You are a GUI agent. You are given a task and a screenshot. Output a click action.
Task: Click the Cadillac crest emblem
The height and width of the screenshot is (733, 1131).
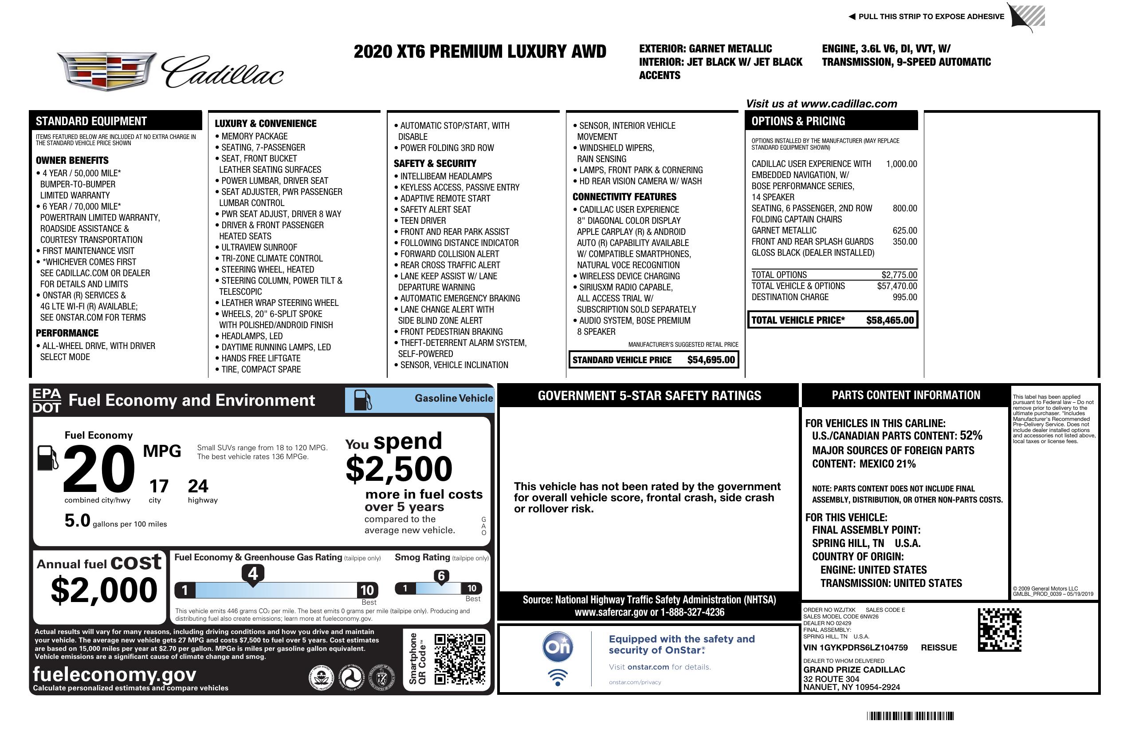(106, 71)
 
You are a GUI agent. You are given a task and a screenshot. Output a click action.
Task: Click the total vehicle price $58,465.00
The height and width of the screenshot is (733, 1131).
(890, 320)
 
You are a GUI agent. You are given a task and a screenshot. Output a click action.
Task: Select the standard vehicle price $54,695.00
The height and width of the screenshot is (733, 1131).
(711, 360)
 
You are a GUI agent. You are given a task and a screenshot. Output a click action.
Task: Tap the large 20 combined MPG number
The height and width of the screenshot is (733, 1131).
(99, 469)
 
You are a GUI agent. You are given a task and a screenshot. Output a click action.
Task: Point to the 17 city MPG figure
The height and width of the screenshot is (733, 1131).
(159, 486)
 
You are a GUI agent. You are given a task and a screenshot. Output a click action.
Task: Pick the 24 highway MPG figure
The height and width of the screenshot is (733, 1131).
(198, 486)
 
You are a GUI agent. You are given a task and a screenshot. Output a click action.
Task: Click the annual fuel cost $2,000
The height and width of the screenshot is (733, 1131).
(104, 590)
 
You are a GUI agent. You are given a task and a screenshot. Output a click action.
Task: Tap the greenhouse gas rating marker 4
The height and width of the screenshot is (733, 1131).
(253, 574)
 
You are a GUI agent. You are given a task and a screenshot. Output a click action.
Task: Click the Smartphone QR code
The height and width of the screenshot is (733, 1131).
(459, 658)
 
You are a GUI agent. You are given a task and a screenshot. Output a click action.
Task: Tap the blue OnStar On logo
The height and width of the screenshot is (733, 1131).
(558, 647)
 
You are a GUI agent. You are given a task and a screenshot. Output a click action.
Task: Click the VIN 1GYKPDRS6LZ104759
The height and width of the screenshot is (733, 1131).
(856, 647)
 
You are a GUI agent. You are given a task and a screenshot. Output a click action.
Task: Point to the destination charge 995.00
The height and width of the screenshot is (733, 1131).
(904, 297)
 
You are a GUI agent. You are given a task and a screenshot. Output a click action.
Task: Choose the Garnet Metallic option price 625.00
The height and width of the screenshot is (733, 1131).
(904, 231)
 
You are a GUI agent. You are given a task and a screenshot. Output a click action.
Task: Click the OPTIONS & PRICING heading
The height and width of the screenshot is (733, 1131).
(798, 121)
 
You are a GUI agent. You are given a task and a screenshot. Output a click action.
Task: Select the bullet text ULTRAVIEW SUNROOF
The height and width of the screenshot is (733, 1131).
(259, 247)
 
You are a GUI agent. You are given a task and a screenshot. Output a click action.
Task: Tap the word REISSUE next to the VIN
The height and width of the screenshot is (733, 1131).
(939, 647)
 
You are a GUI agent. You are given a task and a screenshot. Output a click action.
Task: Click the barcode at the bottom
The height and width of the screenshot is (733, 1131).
(910, 716)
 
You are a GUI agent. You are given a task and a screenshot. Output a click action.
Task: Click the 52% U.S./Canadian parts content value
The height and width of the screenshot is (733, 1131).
(970, 436)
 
